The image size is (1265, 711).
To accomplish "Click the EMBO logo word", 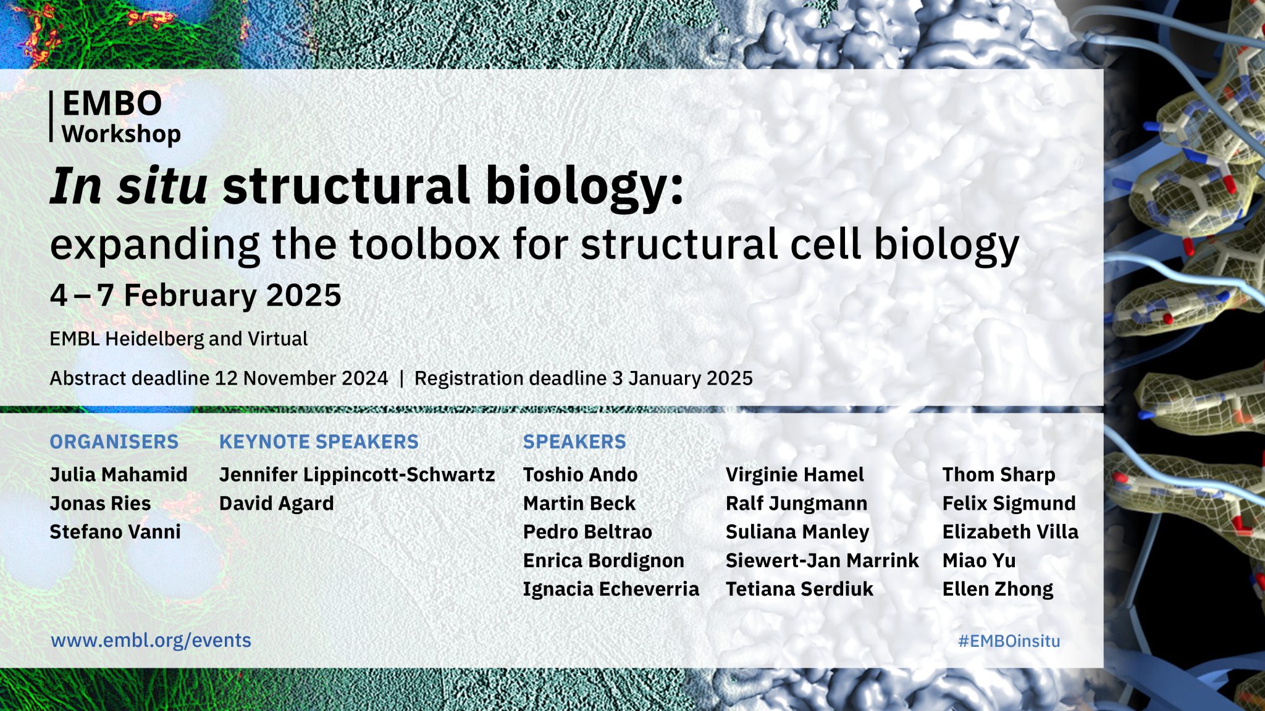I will tap(112, 104).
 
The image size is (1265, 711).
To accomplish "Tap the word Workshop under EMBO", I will tap(121, 134).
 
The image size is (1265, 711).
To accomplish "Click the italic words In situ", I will tap(128, 186).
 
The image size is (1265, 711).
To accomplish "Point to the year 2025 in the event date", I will tap(303, 295).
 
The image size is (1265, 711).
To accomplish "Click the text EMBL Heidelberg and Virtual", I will tap(179, 339).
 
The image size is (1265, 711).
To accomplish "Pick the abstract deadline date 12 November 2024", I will tap(301, 378).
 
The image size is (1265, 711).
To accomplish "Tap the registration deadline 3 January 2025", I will tap(682, 378).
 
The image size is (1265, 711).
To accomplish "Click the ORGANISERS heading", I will tap(114, 442).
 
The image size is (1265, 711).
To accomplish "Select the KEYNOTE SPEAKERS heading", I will tap(319, 442).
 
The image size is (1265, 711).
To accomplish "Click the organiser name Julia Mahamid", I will tap(119, 475).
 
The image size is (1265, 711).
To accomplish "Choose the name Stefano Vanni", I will tap(116, 532).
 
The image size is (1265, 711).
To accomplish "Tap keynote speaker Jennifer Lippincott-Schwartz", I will tap(357, 475).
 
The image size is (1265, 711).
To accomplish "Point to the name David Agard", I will tap(276, 504).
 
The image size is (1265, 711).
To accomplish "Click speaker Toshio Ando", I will tap(580, 475).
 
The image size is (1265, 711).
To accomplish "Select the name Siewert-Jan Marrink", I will tap(822, 560).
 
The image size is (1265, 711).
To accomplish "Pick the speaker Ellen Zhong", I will tap(998, 589).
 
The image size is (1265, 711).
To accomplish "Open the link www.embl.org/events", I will tap(151, 641).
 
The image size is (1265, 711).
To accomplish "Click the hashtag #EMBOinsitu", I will tap(1009, 641).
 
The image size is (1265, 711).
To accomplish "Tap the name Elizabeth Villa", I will tap(1010, 532).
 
